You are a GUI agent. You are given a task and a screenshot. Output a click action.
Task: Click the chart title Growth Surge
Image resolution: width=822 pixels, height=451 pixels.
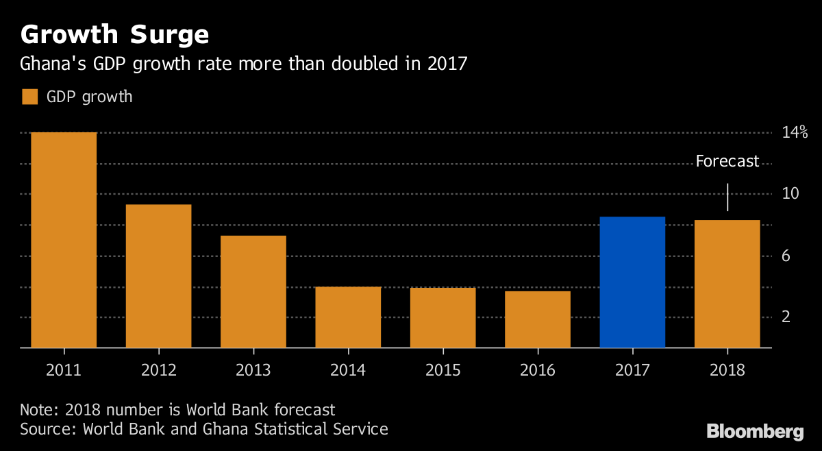[x=114, y=34]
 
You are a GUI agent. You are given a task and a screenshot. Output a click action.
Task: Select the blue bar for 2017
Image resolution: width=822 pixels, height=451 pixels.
[x=632, y=282]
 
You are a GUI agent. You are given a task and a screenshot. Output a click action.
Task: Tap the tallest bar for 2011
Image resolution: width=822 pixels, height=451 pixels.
[x=64, y=240]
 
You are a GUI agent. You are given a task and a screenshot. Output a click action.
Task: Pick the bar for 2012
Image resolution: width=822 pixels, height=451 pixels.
[x=158, y=276]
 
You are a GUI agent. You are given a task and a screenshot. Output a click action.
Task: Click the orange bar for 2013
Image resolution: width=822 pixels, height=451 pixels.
[x=253, y=292]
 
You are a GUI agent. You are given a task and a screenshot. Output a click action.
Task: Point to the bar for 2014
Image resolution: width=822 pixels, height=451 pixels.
[x=348, y=317]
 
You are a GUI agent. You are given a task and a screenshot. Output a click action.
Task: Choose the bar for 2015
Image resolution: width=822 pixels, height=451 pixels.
[x=443, y=318]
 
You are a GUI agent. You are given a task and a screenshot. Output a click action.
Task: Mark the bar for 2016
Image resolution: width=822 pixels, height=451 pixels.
[x=538, y=319]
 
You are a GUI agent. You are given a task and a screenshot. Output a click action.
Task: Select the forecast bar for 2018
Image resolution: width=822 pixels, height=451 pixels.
[x=727, y=284]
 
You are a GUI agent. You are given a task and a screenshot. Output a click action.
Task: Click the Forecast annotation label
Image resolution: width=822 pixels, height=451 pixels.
[x=727, y=162]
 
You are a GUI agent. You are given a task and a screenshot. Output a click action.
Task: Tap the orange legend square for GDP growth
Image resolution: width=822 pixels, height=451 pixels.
[x=29, y=97]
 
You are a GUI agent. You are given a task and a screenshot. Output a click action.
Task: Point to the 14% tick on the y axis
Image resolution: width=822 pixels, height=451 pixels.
[x=795, y=132]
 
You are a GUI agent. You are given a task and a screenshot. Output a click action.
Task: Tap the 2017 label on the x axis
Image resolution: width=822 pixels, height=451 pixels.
[x=632, y=370]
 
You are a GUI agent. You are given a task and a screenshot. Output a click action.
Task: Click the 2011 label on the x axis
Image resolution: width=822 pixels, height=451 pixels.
[x=64, y=370]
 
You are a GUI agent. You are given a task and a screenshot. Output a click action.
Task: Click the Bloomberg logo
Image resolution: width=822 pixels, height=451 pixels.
[x=755, y=432]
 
